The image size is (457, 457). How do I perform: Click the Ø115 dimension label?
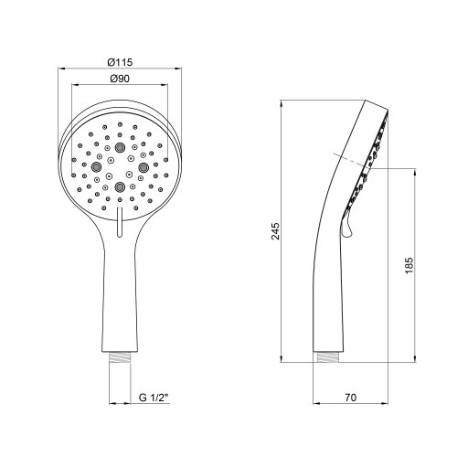point(120,60)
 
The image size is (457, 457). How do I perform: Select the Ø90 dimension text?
point(120,80)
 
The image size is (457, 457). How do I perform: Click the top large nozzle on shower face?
point(120,145)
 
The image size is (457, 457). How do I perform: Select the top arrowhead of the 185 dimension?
point(412,168)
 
